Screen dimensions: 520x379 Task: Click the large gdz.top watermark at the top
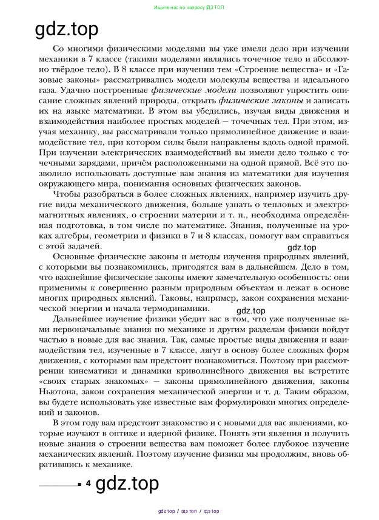(x=67, y=28)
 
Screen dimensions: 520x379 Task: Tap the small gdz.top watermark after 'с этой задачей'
(x=301, y=247)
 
